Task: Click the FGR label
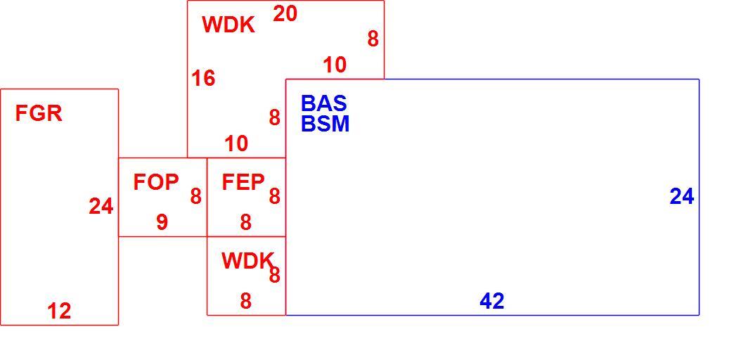[39, 113]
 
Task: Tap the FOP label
[156, 182]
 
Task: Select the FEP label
[243, 182]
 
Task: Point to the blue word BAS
[323, 103]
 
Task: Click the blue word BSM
[326, 124]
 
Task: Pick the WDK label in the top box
[228, 25]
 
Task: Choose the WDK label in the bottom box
[247, 261]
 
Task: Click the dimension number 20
[285, 14]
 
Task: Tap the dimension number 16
[203, 78]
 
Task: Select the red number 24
[101, 207]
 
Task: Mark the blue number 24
[681, 197]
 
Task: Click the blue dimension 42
[492, 302]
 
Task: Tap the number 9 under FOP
[162, 222]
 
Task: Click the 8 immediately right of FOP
[195, 197]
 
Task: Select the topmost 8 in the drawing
[373, 39]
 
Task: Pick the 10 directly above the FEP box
[236, 143]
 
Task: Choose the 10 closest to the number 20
[335, 65]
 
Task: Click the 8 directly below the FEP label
[246, 222]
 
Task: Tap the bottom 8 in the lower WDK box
[246, 302]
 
